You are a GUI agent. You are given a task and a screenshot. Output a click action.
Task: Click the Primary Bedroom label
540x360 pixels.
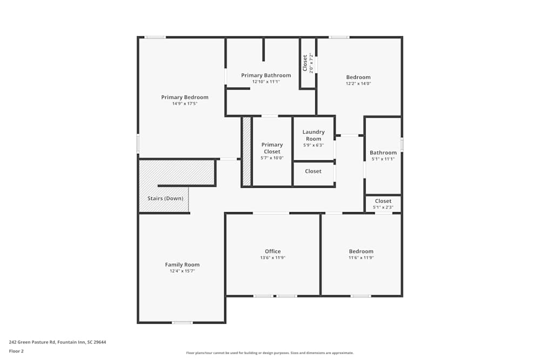(x=185, y=97)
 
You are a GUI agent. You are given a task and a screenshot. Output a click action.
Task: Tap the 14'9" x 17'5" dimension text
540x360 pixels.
(x=185, y=104)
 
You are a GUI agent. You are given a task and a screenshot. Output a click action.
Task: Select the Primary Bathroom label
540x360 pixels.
(x=266, y=76)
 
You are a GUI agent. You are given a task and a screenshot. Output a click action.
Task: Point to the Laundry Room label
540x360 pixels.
(x=313, y=135)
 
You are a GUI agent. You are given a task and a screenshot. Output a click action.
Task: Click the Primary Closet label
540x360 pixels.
(x=272, y=148)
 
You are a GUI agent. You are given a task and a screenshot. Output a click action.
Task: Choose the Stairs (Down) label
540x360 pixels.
(x=165, y=199)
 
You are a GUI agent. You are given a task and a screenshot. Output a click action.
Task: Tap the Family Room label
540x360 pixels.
(x=182, y=264)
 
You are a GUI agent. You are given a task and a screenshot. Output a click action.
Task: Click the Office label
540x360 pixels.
(x=273, y=252)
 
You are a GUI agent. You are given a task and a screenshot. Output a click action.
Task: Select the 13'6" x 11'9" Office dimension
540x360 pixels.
(x=273, y=258)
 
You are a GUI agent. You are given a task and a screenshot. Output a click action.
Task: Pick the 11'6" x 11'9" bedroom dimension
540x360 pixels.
(x=361, y=258)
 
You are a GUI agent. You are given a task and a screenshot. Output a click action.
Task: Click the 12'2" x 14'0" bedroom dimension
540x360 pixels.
(x=359, y=84)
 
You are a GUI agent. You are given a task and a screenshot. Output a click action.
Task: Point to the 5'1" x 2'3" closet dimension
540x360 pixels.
(x=383, y=207)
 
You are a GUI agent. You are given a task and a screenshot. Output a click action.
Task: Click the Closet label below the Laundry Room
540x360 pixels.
(x=313, y=171)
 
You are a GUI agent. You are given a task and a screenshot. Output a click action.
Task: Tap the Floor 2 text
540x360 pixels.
(x=16, y=351)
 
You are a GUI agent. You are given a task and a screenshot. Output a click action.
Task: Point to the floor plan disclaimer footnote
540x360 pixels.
(x=270, y=353)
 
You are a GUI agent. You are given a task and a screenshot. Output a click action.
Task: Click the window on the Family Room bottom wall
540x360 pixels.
(x=182, y=323)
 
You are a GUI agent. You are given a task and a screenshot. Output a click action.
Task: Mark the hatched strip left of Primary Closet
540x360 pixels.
(x=246, y=151)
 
